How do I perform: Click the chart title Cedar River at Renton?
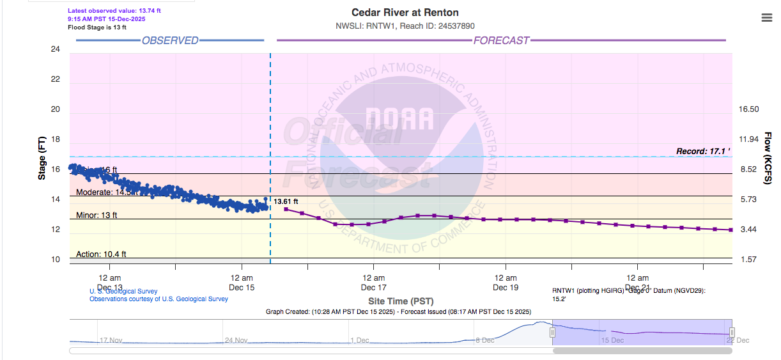coord(405,13)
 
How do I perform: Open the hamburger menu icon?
coord(768,18)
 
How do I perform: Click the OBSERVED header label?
coord(170,41)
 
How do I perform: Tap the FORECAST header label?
coord(501,41)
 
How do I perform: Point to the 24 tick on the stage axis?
coord(56,49)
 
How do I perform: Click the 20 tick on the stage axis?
coord(56,109)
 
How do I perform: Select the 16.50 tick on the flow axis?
coord(749,109)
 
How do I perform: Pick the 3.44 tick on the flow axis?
coord(749,229)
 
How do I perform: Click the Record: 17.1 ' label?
coord(702,152)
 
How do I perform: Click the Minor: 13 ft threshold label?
coord(97,215)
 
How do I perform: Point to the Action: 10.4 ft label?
coord(101,254)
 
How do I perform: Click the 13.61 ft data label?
coord(286,201)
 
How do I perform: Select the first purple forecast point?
coord(286,209)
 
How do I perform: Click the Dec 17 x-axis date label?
coord(373,287)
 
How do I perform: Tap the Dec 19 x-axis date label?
coord(506,287)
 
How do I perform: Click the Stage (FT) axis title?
coord(42,157)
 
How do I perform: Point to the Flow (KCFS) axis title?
coord(768,158)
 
